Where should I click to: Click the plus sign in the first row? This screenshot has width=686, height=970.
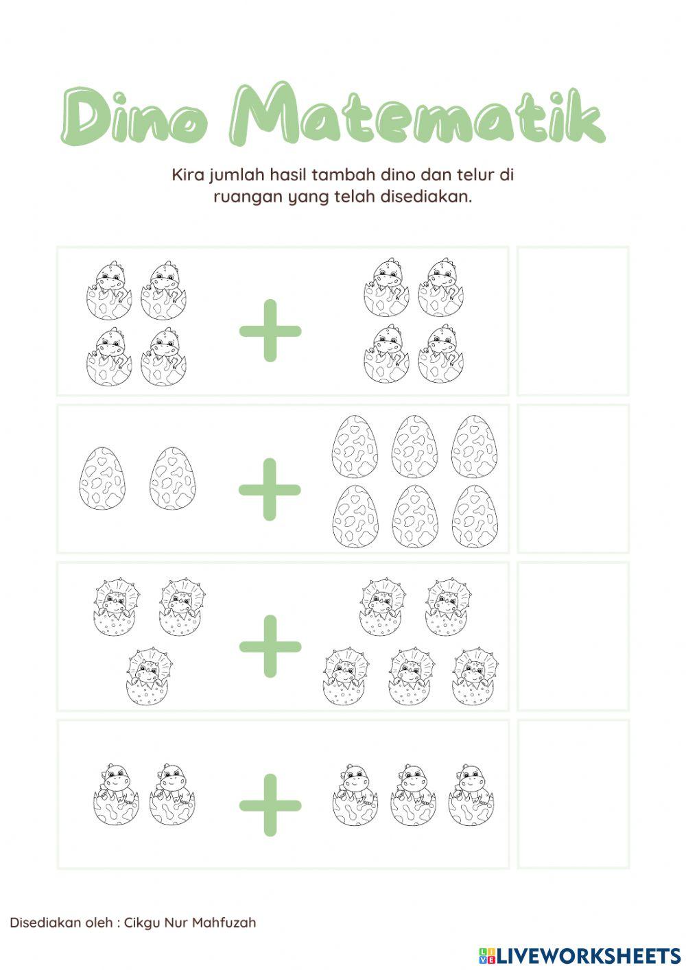pyautogui.click(x=270, y=330)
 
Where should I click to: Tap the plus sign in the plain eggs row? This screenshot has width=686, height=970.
pyautogui.click(x=270, y=489)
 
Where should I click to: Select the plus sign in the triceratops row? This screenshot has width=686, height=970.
pyautogui.click(x=270, y=646)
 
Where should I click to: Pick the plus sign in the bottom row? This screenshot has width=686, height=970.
pyautogui.click(x=270, y=805)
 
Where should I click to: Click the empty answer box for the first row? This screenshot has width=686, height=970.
pyautogui.click(x=573, y=321)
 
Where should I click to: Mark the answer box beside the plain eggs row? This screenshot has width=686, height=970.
pyautogui.click(x=573, y=479)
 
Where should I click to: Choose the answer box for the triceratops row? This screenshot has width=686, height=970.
pyautogui.click(x=573, y=637)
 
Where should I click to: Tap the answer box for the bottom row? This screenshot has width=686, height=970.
pyautogui.click(x=573, y=794)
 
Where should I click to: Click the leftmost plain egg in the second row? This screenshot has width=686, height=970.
pyautogui.click(x=102, y=478)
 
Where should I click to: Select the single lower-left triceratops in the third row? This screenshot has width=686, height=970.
pyautogui.click(x=149, y=676)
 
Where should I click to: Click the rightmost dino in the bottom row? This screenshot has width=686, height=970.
pyautogui.click(x=471, y=794)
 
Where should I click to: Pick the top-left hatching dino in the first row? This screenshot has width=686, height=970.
pyautogui.click(x=108, y=290)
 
